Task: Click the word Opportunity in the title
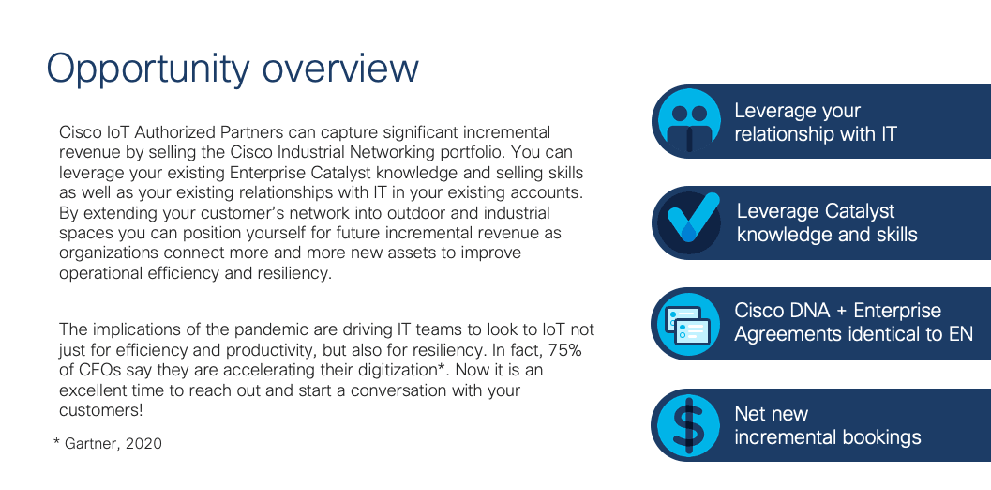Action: pyautogui.click(x=148, y=69)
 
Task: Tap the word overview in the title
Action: pyautogui.click(x=340, y=69)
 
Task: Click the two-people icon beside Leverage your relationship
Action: pyautogui.click(x=689, y=121)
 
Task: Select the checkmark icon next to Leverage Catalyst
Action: pyautogui.click(x=689, y=222)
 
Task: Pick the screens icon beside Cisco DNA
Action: pyautogui.click(x=689, y=324)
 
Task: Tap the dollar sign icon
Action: pyautogui.click(x=689, y=425)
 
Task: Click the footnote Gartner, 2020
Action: pyautogui.click(x=108, y=444)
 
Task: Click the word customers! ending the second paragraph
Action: pyautogui.click(x=101, y=410)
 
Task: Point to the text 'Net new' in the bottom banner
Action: pyautogui.click(x=771, y=414)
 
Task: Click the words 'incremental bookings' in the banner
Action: pyautogui.click(x=828, y=437)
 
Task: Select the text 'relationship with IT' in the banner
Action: pyautogui.click(x=816, y=133)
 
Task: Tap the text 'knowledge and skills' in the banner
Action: pyautogui.click(x=827, y=235)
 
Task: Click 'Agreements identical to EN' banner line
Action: pyautogui.click(x=854, y=333)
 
